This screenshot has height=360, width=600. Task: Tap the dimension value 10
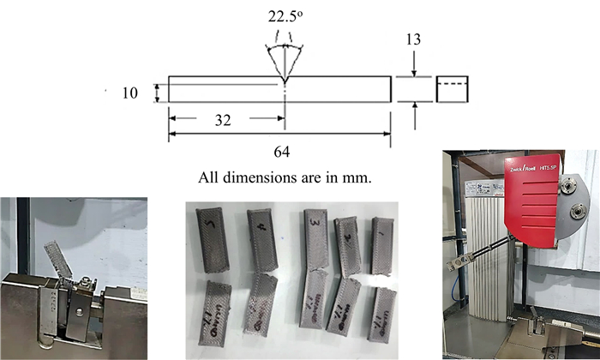129,92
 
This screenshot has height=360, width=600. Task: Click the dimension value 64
281,152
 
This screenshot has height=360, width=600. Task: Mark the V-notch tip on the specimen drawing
283,84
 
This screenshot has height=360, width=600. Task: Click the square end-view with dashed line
451,89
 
